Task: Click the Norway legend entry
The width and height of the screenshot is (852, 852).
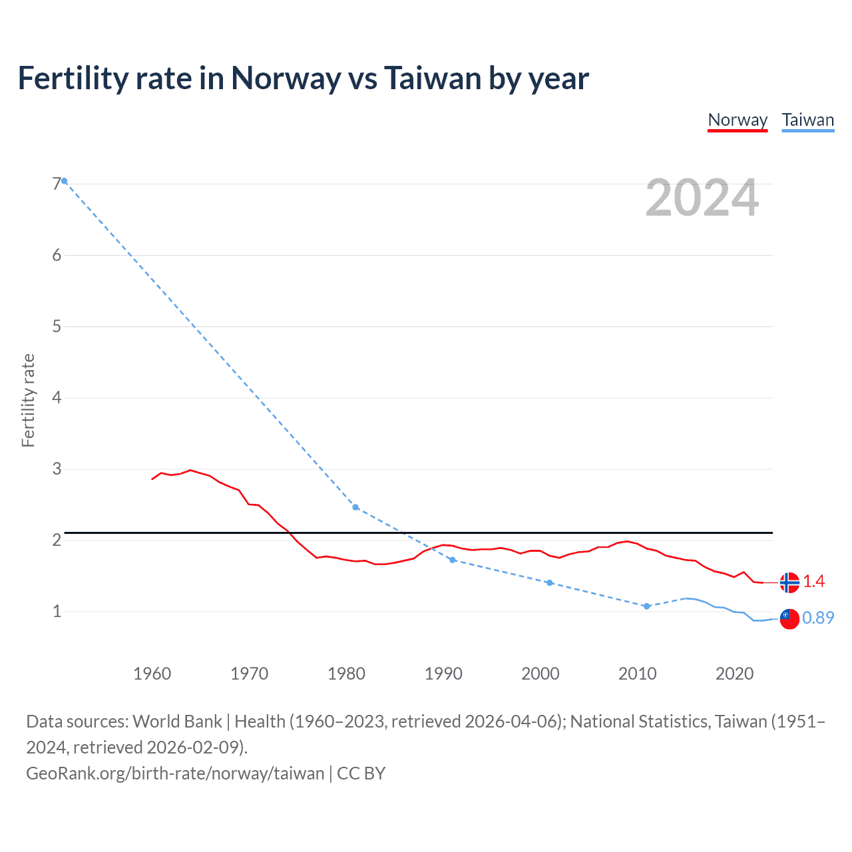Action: click(738, 120)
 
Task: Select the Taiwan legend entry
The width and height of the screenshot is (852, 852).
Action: click(807, 120)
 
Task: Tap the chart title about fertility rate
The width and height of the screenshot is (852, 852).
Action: click(303, 78)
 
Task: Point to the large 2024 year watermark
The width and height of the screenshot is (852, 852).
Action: click(702, 198)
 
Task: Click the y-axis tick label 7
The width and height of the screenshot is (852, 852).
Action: click(57, 184)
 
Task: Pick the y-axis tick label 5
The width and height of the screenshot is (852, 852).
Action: click(57, 326)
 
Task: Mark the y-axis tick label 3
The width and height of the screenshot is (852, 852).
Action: click(57, 469)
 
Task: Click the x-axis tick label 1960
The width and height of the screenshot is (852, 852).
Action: click(152, 674)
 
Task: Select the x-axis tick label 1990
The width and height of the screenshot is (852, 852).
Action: click(443, 674)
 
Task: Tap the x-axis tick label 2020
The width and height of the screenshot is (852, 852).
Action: click(734, 674)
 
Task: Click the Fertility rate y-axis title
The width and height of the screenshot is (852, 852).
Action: click(28, 400)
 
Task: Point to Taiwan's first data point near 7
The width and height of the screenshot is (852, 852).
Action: click(65, 181)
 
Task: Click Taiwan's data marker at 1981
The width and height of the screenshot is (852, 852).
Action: click(355, 507)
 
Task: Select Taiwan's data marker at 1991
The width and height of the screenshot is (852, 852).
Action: click(453, 560)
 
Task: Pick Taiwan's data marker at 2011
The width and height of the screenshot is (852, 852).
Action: click(646, 606)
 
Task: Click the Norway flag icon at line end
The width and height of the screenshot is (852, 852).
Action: click(789, 582)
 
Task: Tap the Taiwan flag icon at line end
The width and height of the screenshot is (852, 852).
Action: click(789, 618)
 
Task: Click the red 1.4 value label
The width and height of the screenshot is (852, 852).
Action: click(813, 582)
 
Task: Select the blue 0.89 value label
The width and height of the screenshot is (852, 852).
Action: click(818, 618)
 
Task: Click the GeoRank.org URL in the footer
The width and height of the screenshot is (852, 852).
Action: click(175, 773)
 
